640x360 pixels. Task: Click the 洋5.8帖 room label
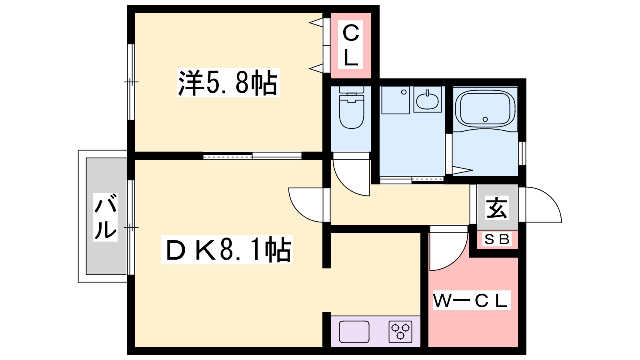pyautogui.click(x=228, y=83)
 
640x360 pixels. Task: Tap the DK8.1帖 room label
pyautogui.click(x=227, y=250)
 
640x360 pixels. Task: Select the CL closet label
pyautogui.click(x=351, y=45)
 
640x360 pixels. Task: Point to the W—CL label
pyautogui.click(x=471, y=301)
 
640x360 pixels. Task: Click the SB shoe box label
pyautogui.click(x=497, y=239)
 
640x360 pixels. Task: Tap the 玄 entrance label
pyautogui.click(x=497, y=208)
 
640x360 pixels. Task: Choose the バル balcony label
pyautogui.click(x=106, y=216)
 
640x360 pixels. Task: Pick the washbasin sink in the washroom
pyautogui.click(x=427, y=100)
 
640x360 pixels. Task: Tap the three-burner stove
pyautogui.click(x=400, y=331)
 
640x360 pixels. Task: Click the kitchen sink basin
pyautogui.click(x=354, y=332)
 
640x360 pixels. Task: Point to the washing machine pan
pyautogui.click(x=395, y=100)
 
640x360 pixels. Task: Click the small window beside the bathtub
pyautogui.click(x=522, y=153)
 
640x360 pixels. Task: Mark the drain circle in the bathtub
pyautogui.click(x=485, y=119)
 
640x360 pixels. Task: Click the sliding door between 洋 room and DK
pyautogui.click(x=252, y=156)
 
